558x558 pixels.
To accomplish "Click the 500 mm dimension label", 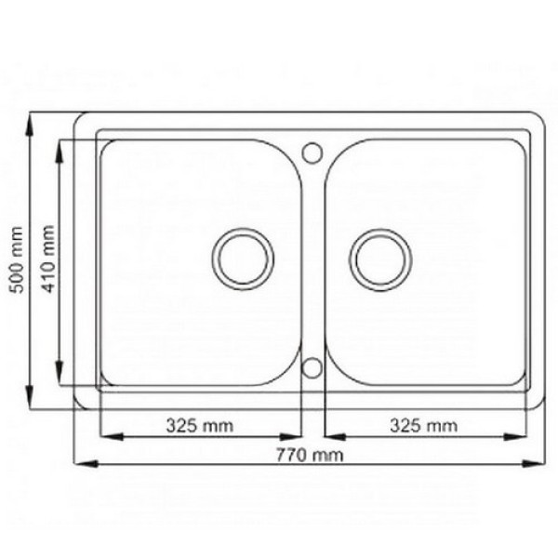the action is click(x=17, y=259).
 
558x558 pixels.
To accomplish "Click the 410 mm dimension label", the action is click(x=47, y=259).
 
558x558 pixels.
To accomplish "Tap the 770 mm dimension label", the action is click(x=310, y=455).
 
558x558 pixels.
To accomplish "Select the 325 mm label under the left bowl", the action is click(x=200, y=425).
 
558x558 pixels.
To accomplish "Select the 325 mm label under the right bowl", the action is click(x=423, y=425).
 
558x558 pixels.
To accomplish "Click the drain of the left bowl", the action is click(x=243, y=259).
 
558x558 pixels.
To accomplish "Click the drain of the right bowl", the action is click(x=380, y=259).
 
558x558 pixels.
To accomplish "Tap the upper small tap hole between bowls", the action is click(x=312, y=153).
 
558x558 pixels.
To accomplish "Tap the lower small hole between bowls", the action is click(x=312, y=368).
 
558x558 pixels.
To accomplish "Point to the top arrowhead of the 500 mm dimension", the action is click(x=30, y=125).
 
